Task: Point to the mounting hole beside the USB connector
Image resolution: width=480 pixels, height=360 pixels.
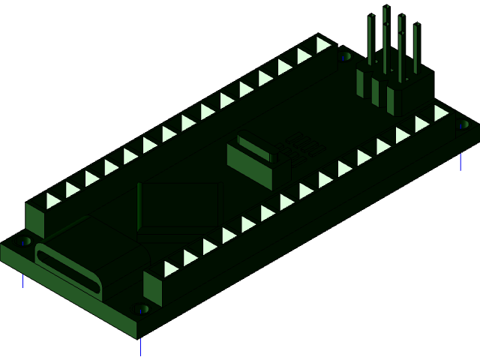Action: coord(25,242)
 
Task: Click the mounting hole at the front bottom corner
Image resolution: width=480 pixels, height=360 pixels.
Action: coord(141,308)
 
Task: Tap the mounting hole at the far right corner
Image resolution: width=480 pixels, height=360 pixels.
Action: coord(463,124)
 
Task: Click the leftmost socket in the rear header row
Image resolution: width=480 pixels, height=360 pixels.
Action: coord(53,200)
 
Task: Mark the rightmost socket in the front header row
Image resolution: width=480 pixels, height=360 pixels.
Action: coord(441,112)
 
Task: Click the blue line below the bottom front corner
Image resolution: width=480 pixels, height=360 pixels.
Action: coord(141,346)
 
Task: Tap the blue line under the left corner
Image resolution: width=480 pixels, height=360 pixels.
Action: coord(23,280)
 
